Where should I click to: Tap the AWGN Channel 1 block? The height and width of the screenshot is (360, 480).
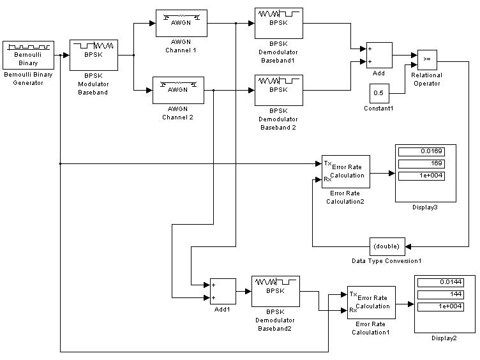click(x=181, y=24)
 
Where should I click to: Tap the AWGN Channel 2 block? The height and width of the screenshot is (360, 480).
click(x=177, y=91)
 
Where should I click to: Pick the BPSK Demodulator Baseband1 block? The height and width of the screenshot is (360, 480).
click(x=279, y=24)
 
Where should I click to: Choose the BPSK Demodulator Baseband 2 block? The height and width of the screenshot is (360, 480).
click(x=279, y=90)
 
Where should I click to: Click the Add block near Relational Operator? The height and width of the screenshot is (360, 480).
click(x=379, y=56)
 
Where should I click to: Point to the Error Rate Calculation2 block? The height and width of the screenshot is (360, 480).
click(x=345, y=172)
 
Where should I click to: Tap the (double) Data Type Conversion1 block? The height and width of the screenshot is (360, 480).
click(x=386, y=246)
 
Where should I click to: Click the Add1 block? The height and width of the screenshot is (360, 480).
click(x=223, y=291)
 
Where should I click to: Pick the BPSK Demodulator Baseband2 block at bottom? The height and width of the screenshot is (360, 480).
click(x=275, y=291)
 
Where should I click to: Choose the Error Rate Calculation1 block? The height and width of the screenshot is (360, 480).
click(x=371, y=302)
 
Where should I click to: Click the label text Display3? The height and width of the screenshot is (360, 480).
click(x=425, y=207)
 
